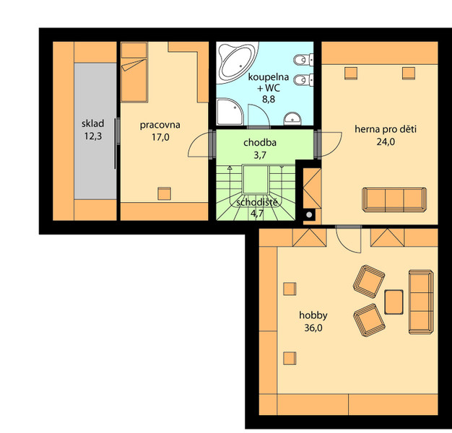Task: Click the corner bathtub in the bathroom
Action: click(x=237, y=62)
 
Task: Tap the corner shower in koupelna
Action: click(x=230, y=112)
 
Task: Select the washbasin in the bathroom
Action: click(x=292, y=118)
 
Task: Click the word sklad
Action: click(x=92, y=123)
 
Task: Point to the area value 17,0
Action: click(x=160, y=137)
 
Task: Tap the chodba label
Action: click(x=260, y=143)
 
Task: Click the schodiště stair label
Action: click(x=258, y=202)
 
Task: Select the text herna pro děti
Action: click(x=386, y=129)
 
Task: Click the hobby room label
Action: click(x=313, y=315)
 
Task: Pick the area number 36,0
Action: click(x=313, y=328)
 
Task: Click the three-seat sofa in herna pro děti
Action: click(x=394, y=200)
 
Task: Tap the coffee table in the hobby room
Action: click(x=394, y=302)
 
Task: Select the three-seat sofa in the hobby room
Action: click(x=421, y=302)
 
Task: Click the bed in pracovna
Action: click(x=134, y=72)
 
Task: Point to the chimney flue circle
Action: click(x=309, y=214)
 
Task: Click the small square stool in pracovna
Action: click(x=165, y=193)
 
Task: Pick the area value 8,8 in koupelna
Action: click(x=269, y=99)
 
